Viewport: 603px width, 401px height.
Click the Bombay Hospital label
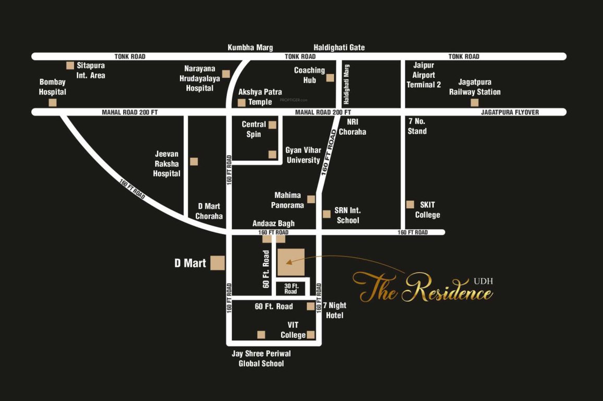click(x=53, y=87)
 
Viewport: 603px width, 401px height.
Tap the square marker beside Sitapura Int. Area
click(x=70, y=65)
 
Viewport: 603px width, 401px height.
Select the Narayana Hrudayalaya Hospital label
click(x=199, y=78)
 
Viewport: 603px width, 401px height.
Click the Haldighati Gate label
click(x=339, y=48)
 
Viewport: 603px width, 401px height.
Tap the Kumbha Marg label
click(x=250, y=48)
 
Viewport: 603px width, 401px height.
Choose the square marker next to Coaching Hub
click(x=330, y=78)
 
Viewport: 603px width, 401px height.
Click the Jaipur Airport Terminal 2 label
click(x=424, y=75)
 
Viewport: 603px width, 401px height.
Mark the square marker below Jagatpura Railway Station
click(x=474, y=102)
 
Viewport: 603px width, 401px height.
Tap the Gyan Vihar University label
click(x=303, y=155)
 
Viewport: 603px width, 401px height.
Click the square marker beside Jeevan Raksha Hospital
click(x=194, y=161)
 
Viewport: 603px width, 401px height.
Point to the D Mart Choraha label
click(x=209, y=211)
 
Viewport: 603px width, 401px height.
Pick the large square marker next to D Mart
click(x=218, y=263)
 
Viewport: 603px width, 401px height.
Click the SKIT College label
click(x=427, y=210)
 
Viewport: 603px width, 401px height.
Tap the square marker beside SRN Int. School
click(x=327, y=214)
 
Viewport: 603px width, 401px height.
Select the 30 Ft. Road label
click(x=291, y=288)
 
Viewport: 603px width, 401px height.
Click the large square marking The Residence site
click(x=291, y=262)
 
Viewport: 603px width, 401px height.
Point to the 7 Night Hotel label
click(x=334, y=310)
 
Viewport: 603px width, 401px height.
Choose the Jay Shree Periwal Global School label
click(x=261, y=358)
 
